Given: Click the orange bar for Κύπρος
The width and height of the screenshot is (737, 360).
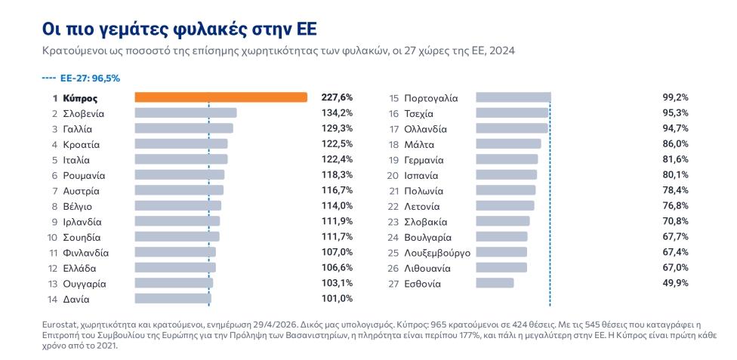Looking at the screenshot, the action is click(221, 97).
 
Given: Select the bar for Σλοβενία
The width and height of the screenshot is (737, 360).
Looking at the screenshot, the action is click(186, 112).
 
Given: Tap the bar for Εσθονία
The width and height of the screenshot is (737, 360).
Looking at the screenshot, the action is click(495, 283).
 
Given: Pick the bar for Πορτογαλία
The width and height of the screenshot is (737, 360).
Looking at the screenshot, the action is click(513, 97).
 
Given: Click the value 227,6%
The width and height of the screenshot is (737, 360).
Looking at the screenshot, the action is click(337, 97).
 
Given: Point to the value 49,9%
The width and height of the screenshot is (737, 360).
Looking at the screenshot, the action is click(675, 283).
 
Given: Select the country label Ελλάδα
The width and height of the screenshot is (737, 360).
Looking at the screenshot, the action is click(79, 269).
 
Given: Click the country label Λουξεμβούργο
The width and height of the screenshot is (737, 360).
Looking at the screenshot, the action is click(437, 253).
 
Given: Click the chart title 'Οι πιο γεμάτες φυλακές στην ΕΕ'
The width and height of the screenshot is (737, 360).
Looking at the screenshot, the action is click(180, 29).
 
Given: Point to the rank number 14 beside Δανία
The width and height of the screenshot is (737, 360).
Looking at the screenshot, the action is click(53, 300).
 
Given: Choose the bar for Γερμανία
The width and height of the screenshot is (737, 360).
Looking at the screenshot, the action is click(507, 159).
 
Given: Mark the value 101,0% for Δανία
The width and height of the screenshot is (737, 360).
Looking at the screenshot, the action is click(337, 298).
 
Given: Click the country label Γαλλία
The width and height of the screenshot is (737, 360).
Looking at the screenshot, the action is click(77, 129).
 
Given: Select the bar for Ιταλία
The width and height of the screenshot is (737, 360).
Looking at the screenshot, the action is click(181, 159).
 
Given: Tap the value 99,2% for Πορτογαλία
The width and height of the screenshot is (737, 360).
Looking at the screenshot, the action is click(675, 97).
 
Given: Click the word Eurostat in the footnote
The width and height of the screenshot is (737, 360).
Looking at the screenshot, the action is click(60, 325).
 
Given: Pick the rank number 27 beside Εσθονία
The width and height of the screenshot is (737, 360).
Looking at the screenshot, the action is click(393, 284).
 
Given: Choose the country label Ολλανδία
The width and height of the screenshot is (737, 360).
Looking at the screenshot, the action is click(425, 129).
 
